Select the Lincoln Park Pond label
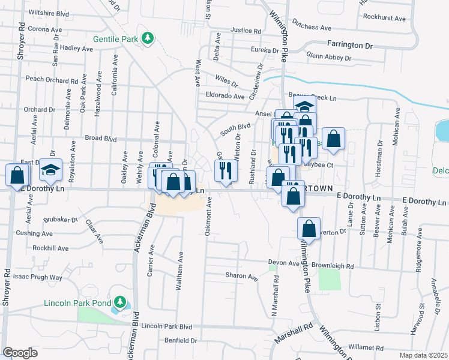coord(77,302)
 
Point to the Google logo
coord(20,353)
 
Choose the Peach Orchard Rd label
coord(52,79)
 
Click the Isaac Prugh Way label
coord(38,277)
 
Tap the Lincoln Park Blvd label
coord(167,326)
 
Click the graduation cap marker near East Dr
coord(50,170)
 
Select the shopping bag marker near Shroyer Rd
coord(17,175)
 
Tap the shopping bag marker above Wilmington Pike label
coord(308,229)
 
